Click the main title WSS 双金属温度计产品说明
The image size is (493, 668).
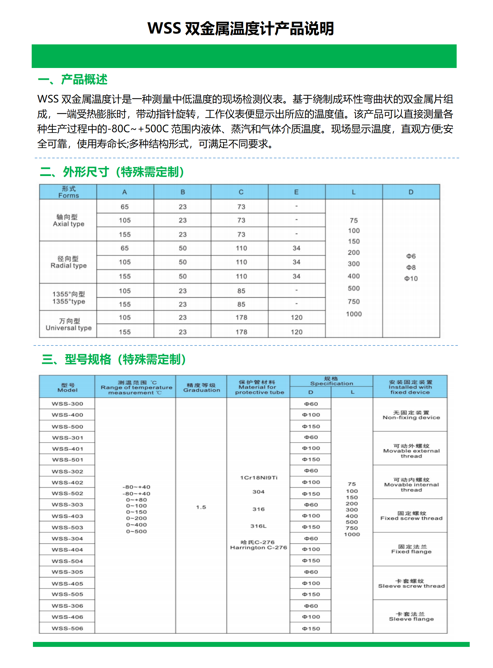[240, 29]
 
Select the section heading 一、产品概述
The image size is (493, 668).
[72, 80]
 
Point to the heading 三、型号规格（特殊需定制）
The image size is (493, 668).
[114, 359]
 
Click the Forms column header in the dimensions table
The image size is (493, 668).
[68, 192]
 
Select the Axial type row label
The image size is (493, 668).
[68, 220]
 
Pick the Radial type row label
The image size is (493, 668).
[68, 262]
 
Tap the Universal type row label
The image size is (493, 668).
[68, 325]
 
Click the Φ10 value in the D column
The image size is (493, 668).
[411, 279]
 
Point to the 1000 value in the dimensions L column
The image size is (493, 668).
[354, 314]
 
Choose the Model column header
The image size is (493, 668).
[67, 387]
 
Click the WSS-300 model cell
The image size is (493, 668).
[67, 404]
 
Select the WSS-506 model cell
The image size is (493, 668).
[67, 629]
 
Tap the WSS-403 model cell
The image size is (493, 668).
[67, 516]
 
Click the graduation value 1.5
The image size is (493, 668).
[201, 507]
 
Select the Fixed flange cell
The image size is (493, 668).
[411, 549]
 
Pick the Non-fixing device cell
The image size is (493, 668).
[411, 415]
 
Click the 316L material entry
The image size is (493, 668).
[258, 526]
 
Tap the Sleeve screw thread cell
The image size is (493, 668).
[411, 584]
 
